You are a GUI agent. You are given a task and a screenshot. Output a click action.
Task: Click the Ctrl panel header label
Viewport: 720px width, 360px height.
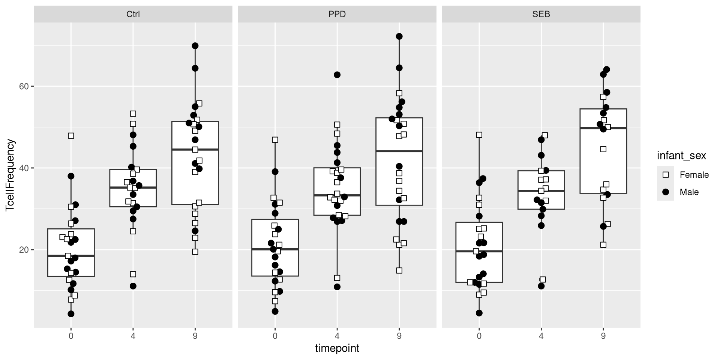click(133, 14)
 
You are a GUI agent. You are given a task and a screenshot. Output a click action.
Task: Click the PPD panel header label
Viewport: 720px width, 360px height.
click(337, 14)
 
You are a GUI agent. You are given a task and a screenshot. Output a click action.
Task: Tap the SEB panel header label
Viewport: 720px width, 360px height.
click(541, 14)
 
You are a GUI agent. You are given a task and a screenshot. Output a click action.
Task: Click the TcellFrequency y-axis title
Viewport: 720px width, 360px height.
click(10, 175)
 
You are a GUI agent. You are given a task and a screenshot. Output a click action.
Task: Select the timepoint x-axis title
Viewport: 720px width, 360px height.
click(337, 348)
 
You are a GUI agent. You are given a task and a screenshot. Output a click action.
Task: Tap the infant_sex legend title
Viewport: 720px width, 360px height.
click(681, 156)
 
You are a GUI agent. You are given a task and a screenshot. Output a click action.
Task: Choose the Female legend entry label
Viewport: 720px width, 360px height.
click(694, 175)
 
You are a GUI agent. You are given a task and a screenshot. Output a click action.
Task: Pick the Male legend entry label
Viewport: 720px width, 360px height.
click(689, 192)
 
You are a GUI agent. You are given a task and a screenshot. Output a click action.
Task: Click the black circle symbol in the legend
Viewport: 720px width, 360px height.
click(666, 192)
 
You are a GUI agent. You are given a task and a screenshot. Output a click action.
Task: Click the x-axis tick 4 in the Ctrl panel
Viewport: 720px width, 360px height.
click(133, 336)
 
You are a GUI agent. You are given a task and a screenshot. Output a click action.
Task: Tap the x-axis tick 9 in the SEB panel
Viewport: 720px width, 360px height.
click(603, 336)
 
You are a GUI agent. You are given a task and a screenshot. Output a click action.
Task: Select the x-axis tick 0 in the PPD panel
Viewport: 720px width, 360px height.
click(275, 336)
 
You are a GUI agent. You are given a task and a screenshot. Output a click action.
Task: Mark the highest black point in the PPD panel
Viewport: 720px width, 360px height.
click(399, 36)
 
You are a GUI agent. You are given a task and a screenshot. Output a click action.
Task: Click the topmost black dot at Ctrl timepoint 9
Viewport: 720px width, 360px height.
click(195, 46)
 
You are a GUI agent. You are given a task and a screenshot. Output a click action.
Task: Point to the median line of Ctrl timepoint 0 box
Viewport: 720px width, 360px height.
click(71, 256)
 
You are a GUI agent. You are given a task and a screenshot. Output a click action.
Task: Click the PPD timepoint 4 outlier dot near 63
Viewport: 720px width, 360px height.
click(337, 75)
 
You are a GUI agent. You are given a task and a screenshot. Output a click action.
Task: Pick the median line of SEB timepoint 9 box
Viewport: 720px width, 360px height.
click(603, 128)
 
